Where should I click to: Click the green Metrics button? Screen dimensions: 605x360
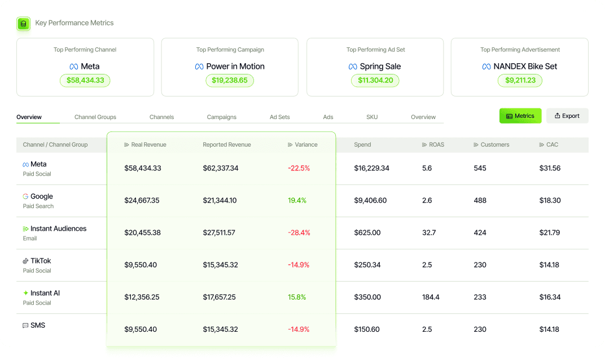tap(520, 116)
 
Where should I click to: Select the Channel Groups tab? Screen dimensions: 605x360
tap(95, 117)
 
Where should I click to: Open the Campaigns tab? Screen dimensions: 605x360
tap(221, 117)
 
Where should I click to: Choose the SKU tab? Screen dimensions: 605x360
tap(372, 117)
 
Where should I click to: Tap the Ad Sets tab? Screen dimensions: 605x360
tap(280, 117)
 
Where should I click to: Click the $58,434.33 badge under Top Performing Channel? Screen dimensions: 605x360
tap(85, 80)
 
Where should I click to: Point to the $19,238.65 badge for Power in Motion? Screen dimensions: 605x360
tap(230, 80)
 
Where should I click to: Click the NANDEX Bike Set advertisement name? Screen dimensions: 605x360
tap(525, 67)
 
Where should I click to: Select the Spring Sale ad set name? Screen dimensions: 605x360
tap(380, 67)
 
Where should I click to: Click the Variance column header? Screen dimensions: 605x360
tap(302, 144)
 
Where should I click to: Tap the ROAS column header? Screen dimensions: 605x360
tap(433, 144)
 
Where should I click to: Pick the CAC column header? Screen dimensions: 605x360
tap(549, 144)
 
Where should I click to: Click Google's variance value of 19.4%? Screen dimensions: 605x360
tap(297, 201)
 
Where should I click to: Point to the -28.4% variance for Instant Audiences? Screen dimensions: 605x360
tap(299, 232)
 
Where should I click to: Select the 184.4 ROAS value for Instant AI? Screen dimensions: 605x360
tap(431, 297)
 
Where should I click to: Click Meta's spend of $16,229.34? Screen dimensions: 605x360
tap(371, 168)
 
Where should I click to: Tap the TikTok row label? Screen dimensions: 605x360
tap(41, 261)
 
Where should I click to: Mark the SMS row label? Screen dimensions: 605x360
tap(38, 325)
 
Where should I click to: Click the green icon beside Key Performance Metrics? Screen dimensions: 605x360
tap(24, 24)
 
